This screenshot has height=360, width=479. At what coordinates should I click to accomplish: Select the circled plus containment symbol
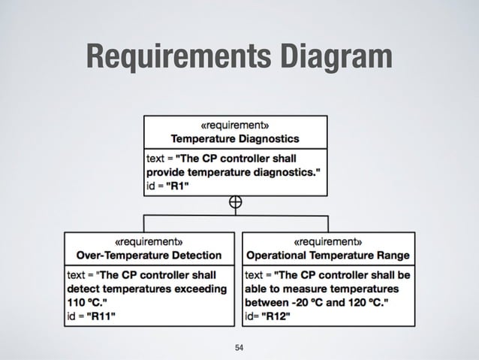click(235, 202)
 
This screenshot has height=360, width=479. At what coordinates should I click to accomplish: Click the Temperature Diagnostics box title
click(235, 138)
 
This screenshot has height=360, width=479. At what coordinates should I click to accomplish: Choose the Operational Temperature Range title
click(328, 255)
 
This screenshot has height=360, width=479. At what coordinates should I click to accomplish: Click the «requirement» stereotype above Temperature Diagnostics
click(235, 125)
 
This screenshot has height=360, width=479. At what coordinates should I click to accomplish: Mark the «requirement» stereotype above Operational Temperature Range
click(328, 242)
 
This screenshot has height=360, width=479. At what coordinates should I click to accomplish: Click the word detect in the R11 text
click(84, 288)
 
